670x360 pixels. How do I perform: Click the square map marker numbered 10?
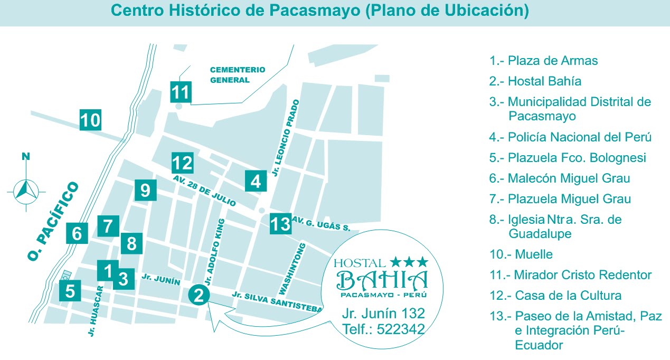90,120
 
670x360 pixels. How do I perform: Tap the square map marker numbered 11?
180,92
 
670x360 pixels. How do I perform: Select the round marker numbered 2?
199,295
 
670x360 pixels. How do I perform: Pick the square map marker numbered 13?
280,224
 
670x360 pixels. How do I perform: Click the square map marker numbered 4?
256,181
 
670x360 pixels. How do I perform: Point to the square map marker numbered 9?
145,190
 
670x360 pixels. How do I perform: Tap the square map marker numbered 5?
70,290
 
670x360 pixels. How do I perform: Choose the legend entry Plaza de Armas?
543,61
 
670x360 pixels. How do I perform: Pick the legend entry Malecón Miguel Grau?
560,178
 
